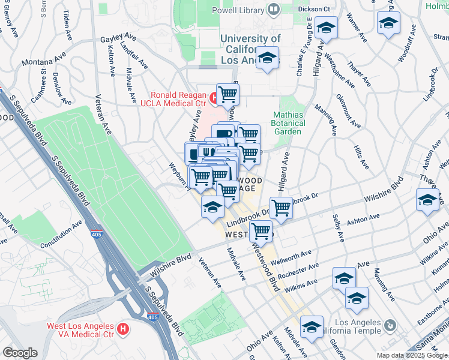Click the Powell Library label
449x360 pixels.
pyautogui.click(x=238, y=10)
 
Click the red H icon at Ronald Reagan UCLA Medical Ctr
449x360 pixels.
pyautogui.click(x=214, y=97)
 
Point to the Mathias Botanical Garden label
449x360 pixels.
pyautogui.click(x=289, y=123)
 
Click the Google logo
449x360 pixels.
pyautogui.click(x=20, y=353)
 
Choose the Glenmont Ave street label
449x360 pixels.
pyautogui.click(x=348, y=111)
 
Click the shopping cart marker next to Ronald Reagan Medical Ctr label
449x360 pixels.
pyautogui.click(x=228, y=94)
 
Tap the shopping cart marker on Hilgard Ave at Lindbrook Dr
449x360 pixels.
pyautogui.click(x=281, y=208)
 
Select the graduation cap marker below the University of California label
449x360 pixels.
pyautogui.click(x=267, y=59)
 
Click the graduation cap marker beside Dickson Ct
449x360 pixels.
pyautogui.click(x=326, y=27)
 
